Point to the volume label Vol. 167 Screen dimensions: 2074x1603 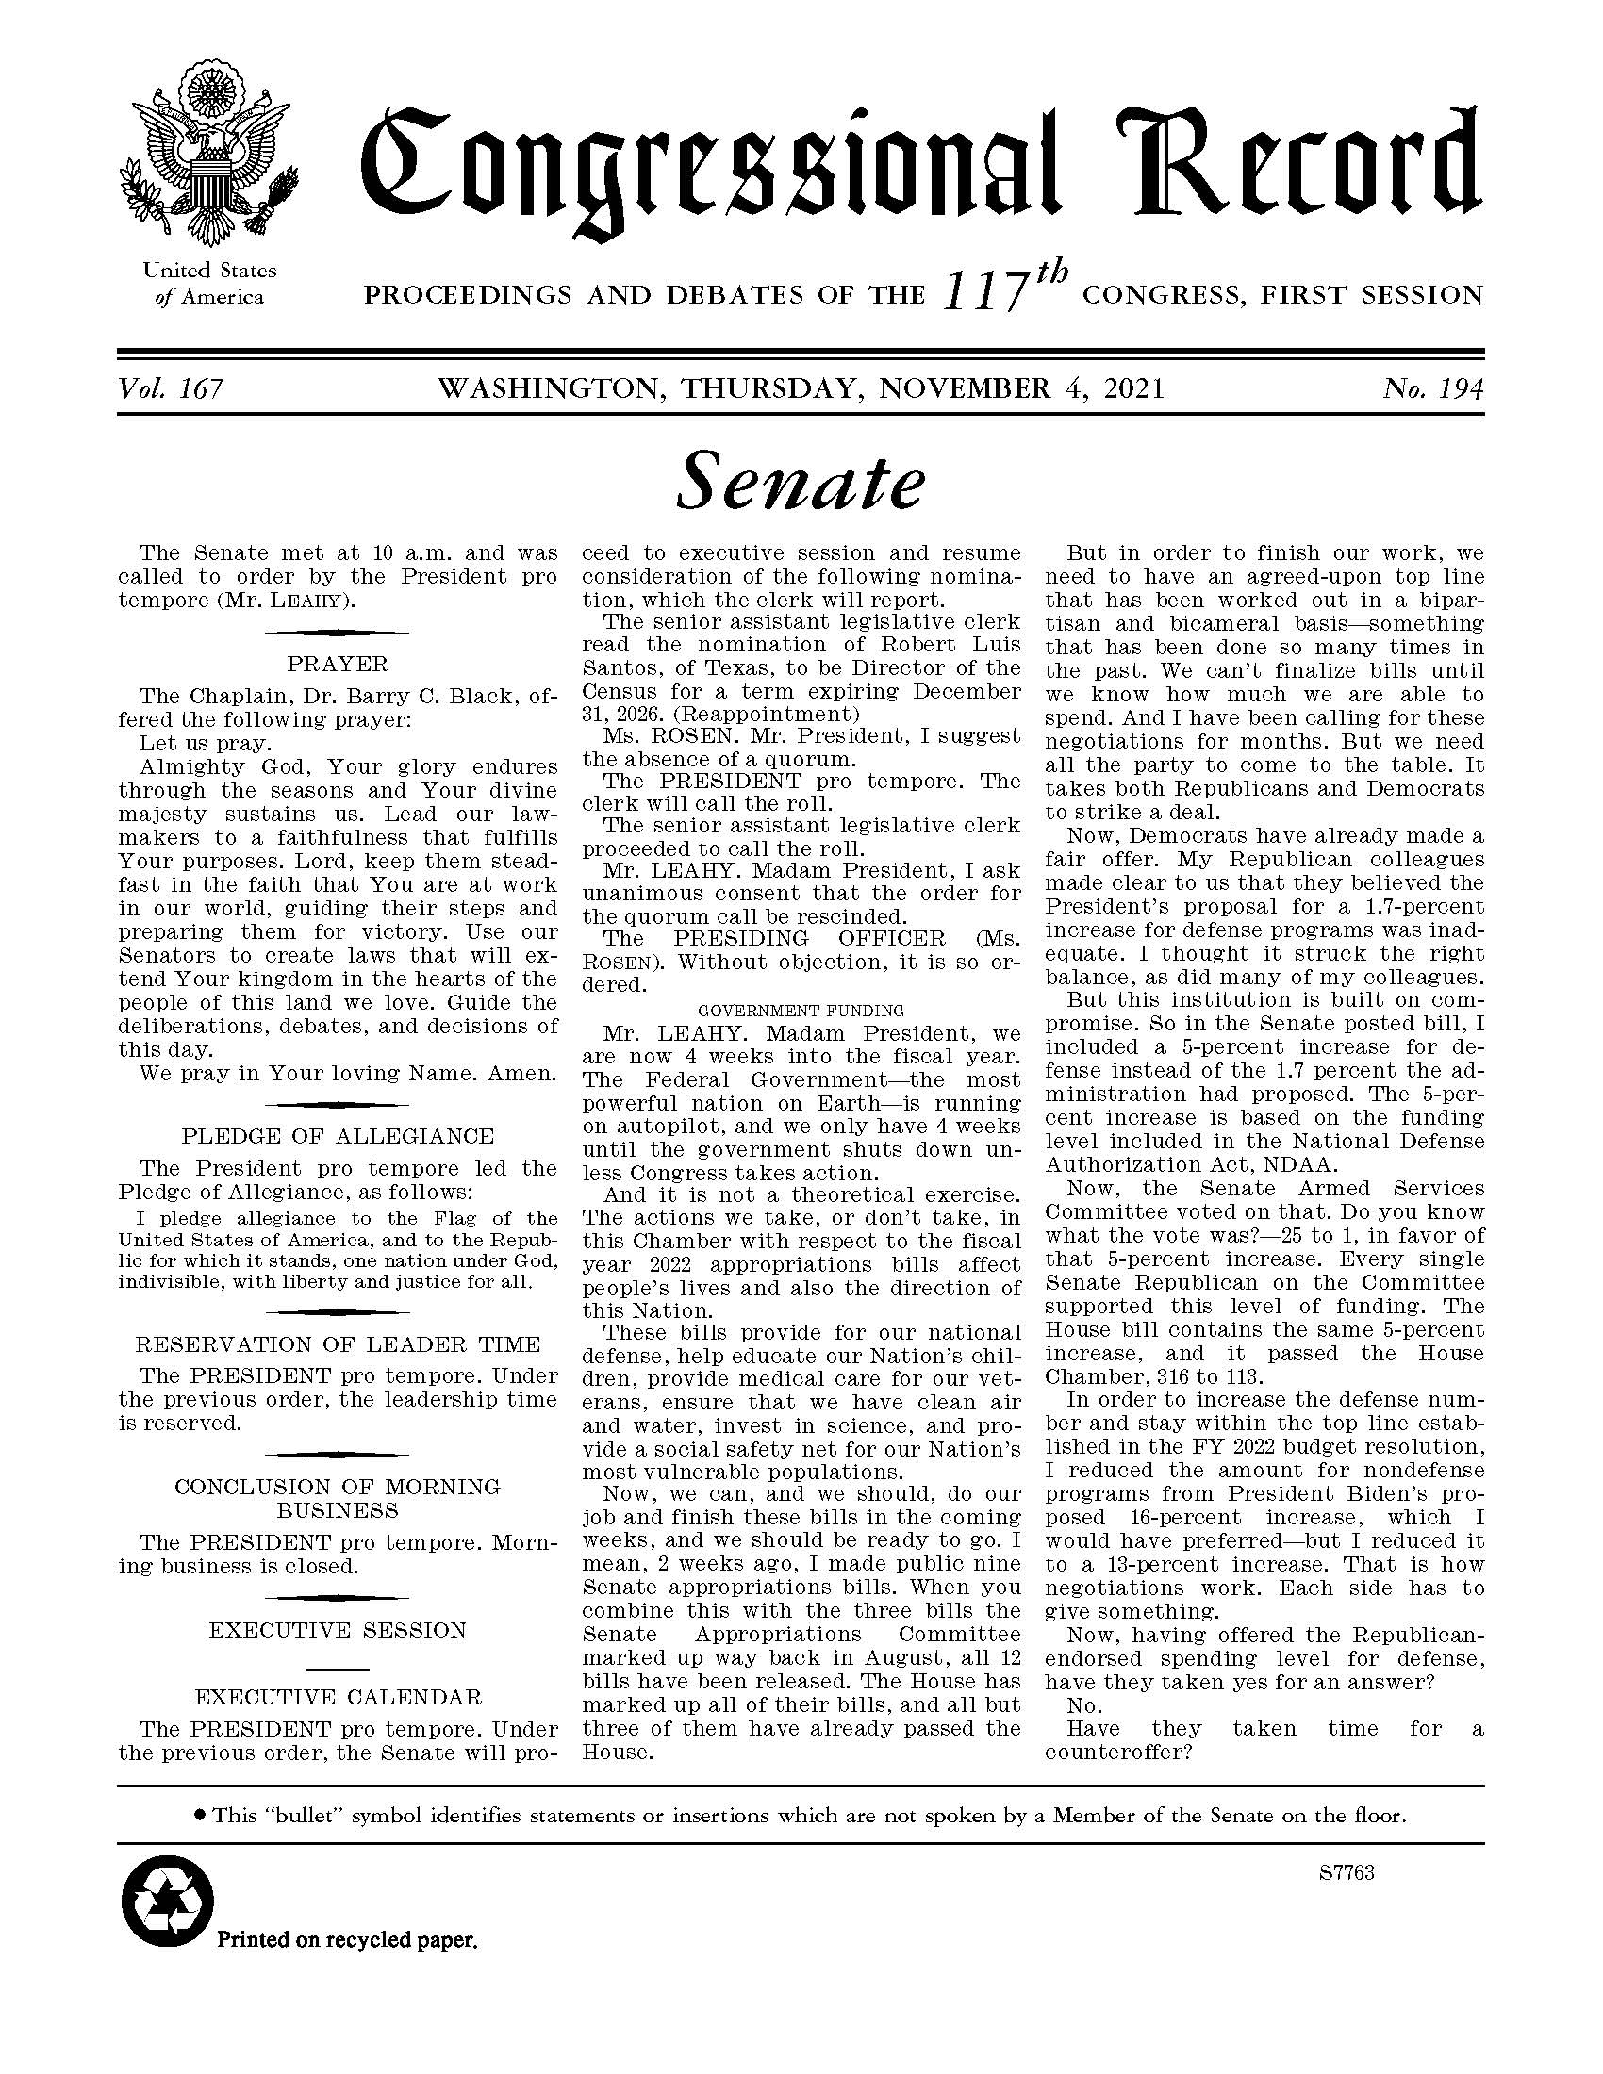(x=171, y=389)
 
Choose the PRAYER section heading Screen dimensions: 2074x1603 (x=338, y=664)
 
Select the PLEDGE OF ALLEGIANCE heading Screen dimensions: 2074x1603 (x=338, y=1136)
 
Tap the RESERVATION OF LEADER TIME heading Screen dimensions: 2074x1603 (x=338, y=1344)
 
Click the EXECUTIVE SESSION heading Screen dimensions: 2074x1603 (x=338, y=1631)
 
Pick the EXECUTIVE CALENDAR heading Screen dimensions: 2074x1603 (x=338, y=1697)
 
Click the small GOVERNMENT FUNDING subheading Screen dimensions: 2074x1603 (x=801, y=1011)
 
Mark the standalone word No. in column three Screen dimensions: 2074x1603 (x=1084, y=1706)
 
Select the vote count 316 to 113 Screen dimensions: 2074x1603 (x=1169, y=1377)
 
